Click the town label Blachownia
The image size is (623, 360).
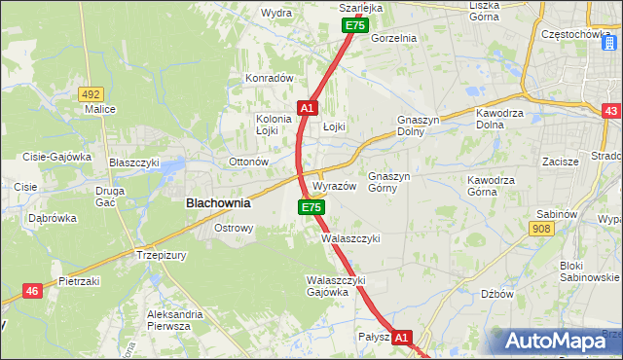218,204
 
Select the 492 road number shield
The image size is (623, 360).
91,93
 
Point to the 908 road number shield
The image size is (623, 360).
542,228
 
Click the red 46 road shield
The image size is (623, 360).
32,290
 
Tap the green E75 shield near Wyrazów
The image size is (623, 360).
311,207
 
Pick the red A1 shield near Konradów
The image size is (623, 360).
306,107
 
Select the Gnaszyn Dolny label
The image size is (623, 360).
421,126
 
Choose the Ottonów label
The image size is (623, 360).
247,162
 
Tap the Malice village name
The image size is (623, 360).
99,109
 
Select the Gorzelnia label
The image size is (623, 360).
393,38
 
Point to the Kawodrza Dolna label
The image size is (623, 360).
502,120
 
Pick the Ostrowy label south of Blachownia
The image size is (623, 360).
234,229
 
